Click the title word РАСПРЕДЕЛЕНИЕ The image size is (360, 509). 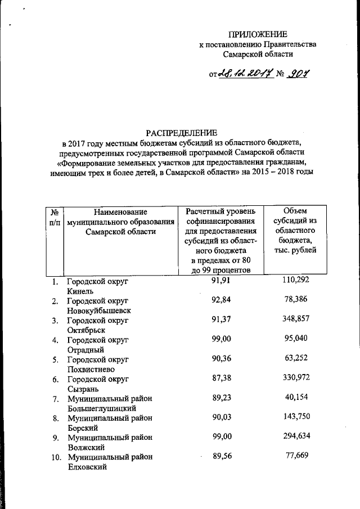coord(181,133)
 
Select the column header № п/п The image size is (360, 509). coord(55,217)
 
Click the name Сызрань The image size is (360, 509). coord(84,389)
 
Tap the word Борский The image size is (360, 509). coord(83,428)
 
